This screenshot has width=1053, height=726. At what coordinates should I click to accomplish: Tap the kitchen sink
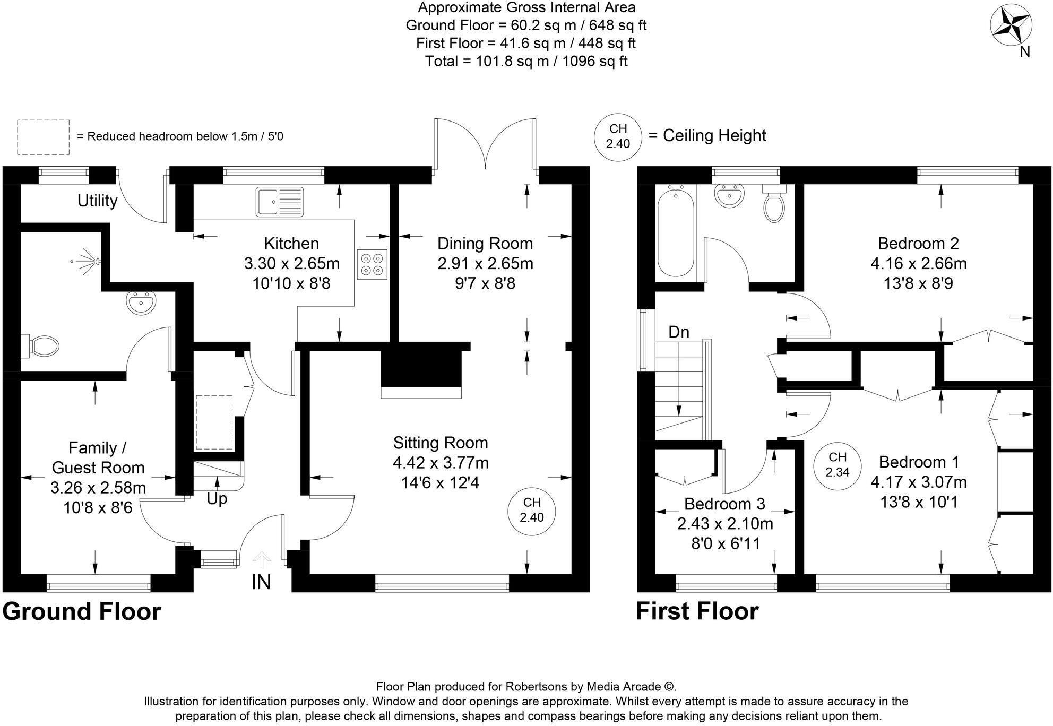[x=280, y=202]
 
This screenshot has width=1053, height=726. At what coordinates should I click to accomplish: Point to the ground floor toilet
[x=40, y=346]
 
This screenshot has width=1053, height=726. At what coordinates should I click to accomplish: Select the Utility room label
[x=97, y=201]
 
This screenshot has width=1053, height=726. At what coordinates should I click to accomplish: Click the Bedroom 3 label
[x=724, y=503]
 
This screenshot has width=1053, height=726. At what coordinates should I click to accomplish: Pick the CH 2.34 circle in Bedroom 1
[x=837, y=464]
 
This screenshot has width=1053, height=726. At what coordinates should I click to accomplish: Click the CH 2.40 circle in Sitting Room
[x=532, y=509]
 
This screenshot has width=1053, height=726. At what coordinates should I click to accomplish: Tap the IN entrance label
[x=261, y=582]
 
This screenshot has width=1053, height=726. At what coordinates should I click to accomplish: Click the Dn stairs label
[x=679, y=332]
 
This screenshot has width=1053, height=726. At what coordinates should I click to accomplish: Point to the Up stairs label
[x=217, y=499]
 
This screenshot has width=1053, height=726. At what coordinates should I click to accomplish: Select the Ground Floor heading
[x=82, y=611]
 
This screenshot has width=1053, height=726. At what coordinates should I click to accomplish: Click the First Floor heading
[x=697, y=611]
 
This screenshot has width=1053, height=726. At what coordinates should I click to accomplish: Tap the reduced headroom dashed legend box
[x=43, y=137]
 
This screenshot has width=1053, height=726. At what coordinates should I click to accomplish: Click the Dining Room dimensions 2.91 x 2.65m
[x=485, y=263]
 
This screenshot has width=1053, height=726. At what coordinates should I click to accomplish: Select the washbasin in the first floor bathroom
[x=729, y=196]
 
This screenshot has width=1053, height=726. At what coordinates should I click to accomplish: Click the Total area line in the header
[x=526, y=61]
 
